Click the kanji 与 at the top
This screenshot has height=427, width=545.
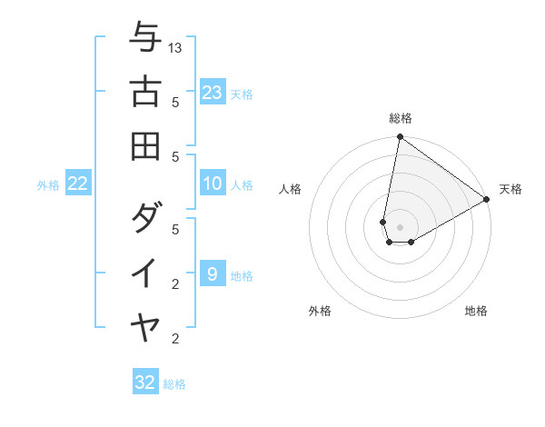(x=144, y=38)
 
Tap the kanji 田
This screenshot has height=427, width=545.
(x=144, y=144)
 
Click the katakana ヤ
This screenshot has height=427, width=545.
(x=144, y=326)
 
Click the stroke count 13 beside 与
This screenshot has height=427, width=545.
(x=176, y=47)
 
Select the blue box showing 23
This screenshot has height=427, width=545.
(x=213, y=93)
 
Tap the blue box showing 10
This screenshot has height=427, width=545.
(x=213, y=184)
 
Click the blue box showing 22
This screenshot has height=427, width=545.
(x=78, y=184)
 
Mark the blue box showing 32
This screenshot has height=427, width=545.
(x=145, y=382)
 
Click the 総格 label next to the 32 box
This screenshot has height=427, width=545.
(x=174, y=384)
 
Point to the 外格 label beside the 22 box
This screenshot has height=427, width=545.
(x=48, y=185)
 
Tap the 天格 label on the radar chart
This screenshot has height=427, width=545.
(x=510, y=189)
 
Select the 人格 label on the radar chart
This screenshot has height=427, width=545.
(x=291, y=189)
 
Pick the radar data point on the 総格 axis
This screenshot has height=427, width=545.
(x=400, y=138)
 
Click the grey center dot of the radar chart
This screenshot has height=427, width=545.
(x=400, y=227)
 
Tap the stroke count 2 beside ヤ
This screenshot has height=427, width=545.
(x=176, y=339)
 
